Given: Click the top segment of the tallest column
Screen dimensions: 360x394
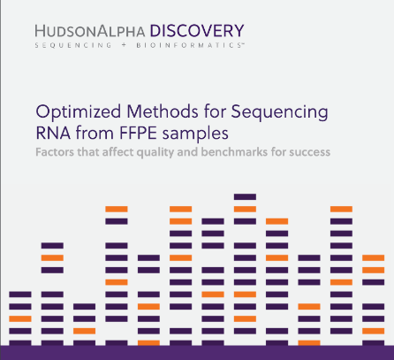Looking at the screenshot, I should tap(245, 196).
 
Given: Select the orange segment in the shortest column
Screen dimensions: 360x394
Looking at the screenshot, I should tap(85, 331).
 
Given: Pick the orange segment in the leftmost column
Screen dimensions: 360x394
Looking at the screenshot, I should tap(20, 318).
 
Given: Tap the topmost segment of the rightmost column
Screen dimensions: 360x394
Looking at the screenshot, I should tap(374, 258).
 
